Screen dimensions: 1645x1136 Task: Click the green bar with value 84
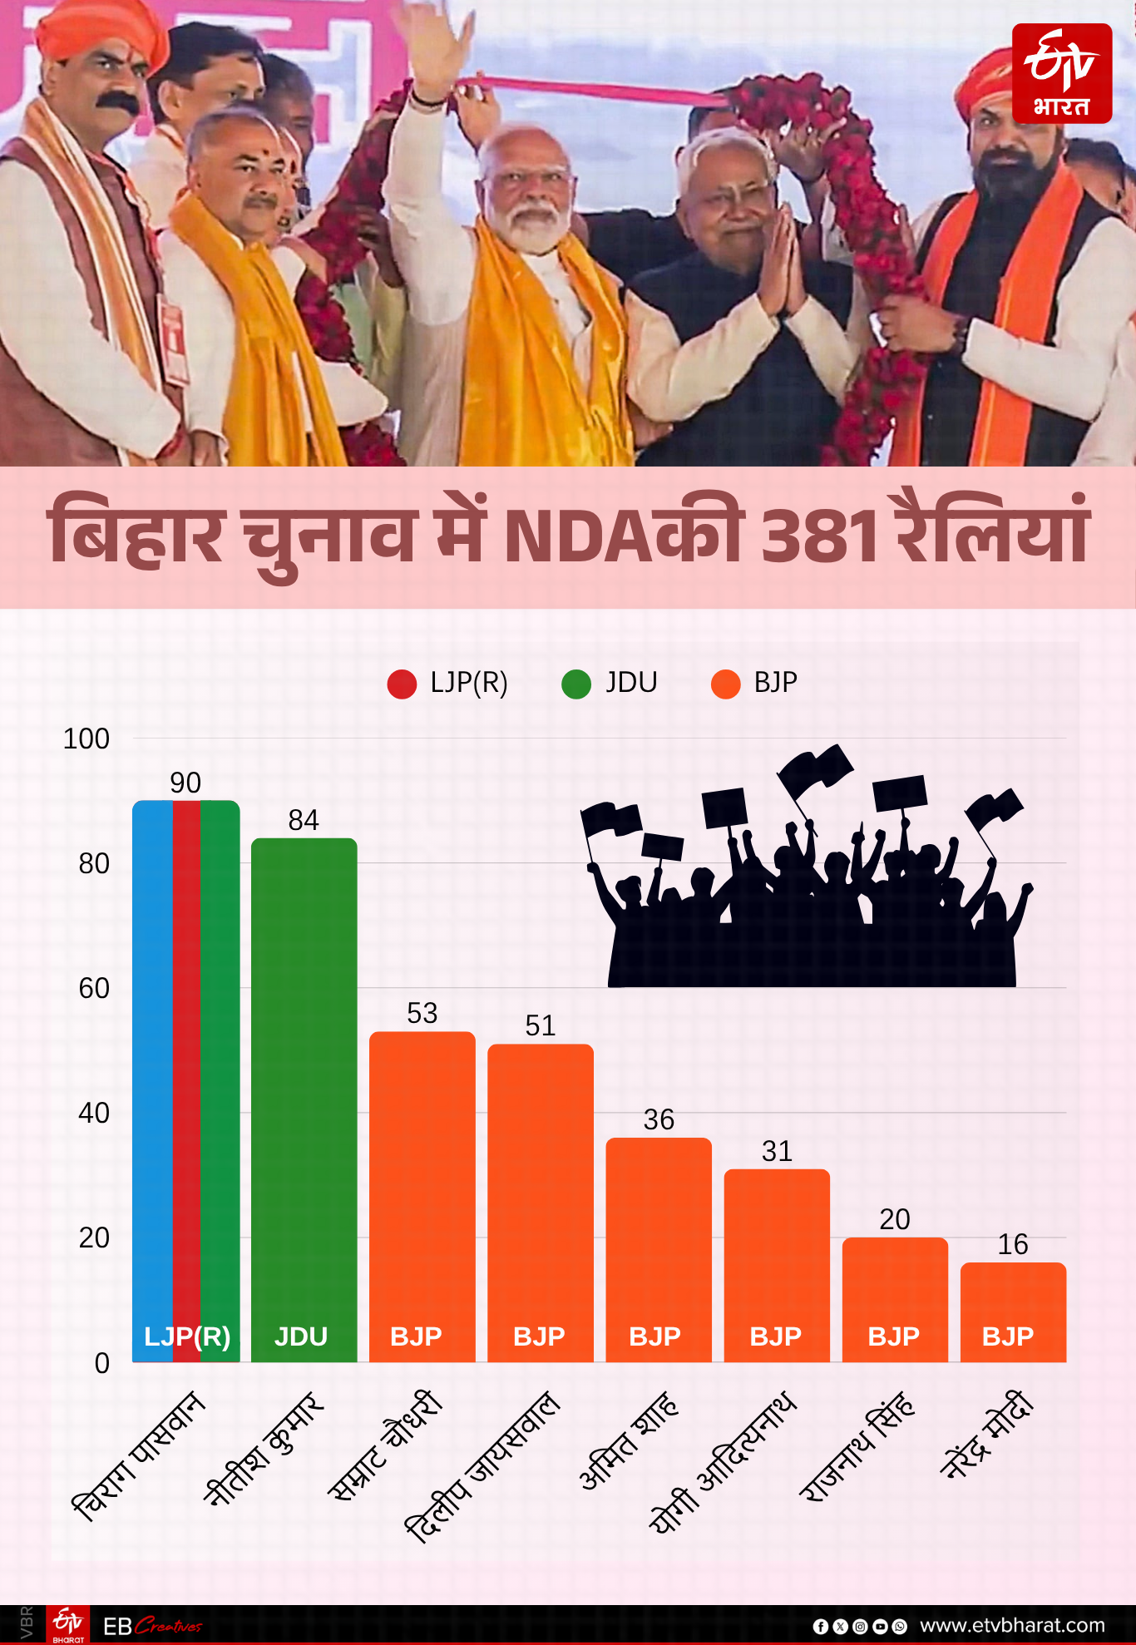coord(304,1098)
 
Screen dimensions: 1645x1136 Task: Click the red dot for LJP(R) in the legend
coord(402,684)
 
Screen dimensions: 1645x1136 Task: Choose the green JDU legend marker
coord(575,684)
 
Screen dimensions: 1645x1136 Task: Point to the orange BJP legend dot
coord(725,684)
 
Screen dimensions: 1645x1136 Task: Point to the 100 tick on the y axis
coord(86,739)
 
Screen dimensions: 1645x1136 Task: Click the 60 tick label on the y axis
coord(94,988)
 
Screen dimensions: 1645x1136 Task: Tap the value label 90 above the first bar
coord(185,783)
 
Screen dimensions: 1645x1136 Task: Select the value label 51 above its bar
coord(540,1025)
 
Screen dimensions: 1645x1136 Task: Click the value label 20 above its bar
coord(895,1219)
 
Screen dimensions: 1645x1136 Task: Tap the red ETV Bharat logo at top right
coord(1062,73)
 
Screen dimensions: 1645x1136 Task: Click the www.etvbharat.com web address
coord(1012,1625)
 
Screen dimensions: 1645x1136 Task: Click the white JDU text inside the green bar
coord(301,1336)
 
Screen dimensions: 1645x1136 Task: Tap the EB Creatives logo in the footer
coord(152,1625)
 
